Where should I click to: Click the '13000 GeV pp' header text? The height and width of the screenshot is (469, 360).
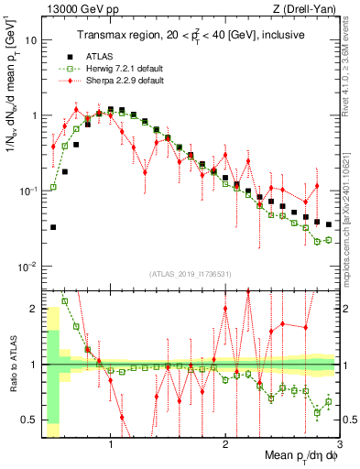(x=71, y=8)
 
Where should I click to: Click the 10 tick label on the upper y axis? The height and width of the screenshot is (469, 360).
(x=30, y=41)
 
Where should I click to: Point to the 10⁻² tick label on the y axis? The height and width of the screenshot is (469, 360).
(x=27, y=267)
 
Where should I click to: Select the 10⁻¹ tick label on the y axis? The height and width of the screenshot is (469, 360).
(x=27, y=191)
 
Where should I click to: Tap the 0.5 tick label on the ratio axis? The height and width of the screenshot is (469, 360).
(x=28, y=420)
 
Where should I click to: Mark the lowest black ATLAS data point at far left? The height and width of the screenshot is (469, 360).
(x=53, y=227)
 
